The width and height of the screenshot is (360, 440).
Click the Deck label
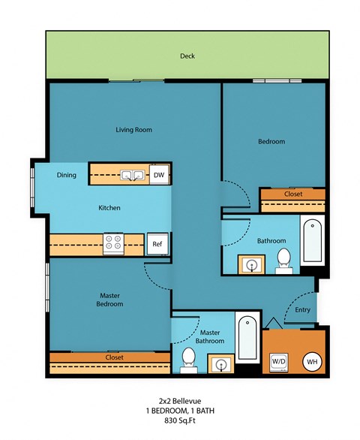click(187, 56)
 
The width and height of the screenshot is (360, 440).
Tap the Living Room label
click(134, 130)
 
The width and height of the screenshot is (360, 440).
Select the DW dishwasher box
click(158, 175)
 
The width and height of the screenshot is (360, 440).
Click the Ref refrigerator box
click(157, 244)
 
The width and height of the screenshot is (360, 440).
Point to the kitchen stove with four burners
click(114, 243)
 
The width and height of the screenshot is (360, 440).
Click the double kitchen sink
click(134, 175)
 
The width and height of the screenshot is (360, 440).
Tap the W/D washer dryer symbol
click(278, 361)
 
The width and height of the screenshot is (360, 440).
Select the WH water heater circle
click(312, 362)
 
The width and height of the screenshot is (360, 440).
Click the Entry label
click(302, 309)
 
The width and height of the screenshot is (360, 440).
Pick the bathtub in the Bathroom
click(311, 241)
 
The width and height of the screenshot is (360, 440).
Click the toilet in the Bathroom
click(283, 259)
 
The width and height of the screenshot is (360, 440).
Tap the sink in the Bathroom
click(250, 264)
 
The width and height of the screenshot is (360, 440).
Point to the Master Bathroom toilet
click(189, 363)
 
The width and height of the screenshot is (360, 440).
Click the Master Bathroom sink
click(222, 365)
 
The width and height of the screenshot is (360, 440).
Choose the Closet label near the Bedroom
click(293, 194)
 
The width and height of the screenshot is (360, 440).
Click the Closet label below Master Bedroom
click(114, 357)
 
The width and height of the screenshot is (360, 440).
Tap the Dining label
click(67, 175)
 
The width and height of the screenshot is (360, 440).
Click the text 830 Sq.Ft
click(181, 423)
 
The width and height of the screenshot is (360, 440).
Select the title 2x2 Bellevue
click(181, 402)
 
